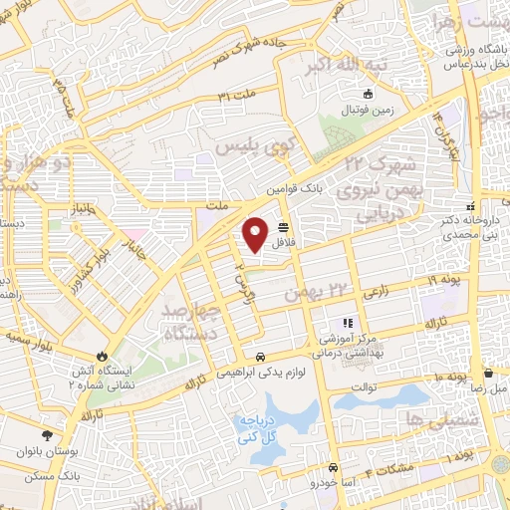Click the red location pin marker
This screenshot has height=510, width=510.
pos(256,234)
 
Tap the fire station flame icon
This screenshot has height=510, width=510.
pos(102,356)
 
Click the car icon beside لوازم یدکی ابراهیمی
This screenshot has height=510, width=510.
pos(260,357)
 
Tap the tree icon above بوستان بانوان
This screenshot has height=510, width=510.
pos(47,434)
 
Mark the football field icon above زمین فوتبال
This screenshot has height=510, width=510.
pos(369,96)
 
